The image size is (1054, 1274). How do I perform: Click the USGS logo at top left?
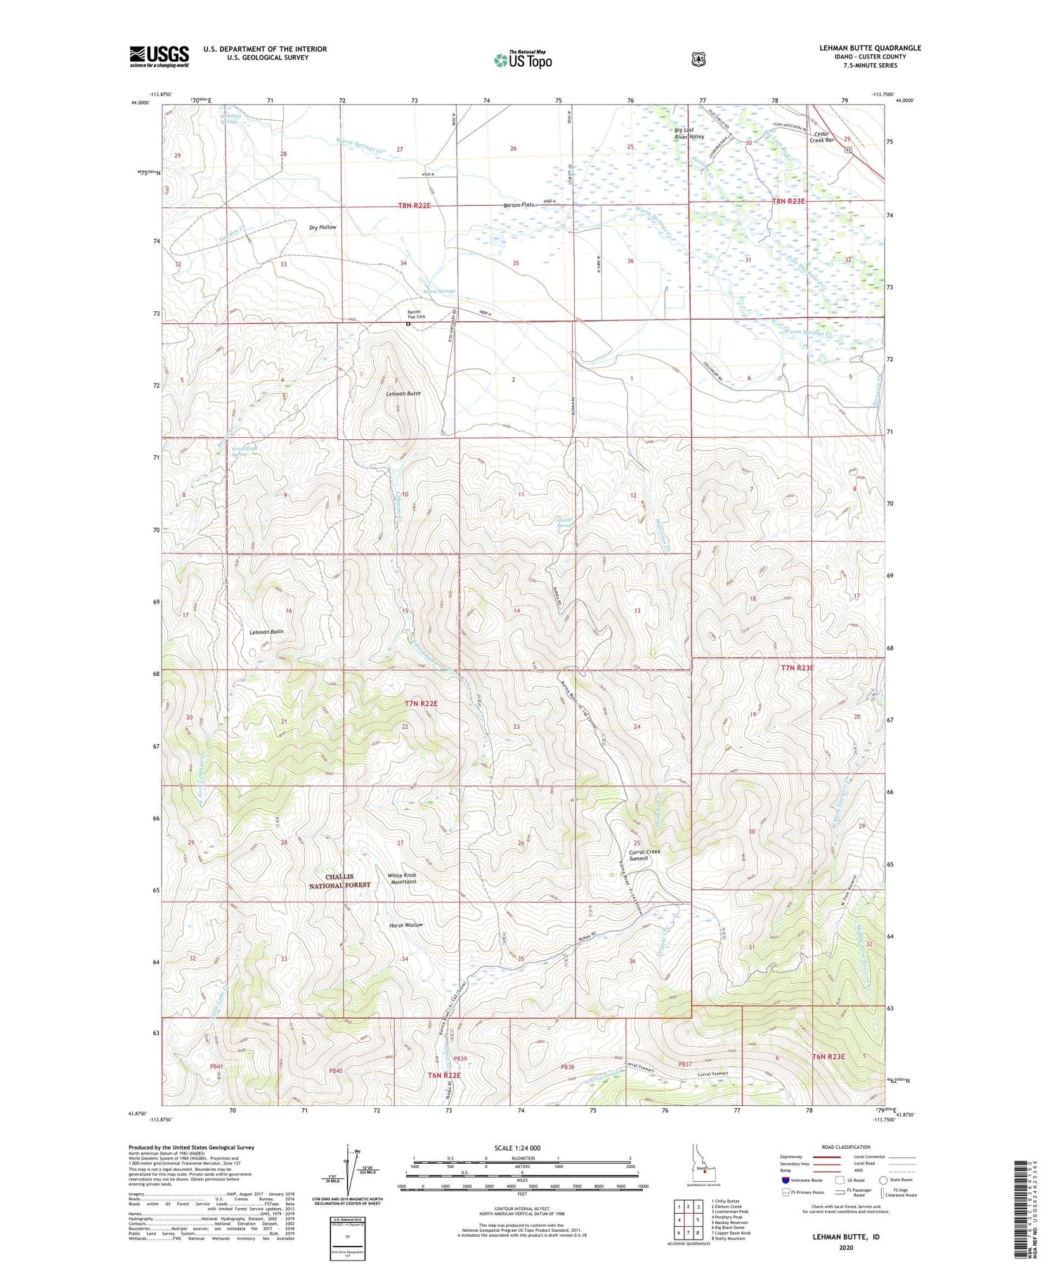click(x=159, y=56)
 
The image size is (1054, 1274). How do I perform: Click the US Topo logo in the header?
click(x=523, y=60)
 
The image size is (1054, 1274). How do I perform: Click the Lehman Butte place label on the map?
click(x=403, y=394)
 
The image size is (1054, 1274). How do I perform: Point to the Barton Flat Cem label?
click(x=417, y=315)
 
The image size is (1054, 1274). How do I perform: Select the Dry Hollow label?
click(x=323, y=227)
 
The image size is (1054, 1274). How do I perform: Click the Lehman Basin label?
click(x=267, y=632)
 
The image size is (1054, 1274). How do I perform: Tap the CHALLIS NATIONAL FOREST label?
click(x=339, y=881)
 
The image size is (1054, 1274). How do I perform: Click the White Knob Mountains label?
click(x=402, y=878)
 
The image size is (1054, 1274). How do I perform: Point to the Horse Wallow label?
click(x=406, y=925)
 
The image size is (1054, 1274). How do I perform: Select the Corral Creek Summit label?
click(x=644, y=854)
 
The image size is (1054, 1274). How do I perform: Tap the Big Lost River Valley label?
click(x=689, y=134)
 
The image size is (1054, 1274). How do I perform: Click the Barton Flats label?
click(x=519, y=205)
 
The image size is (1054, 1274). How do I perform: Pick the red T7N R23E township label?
click(x=797, y=668)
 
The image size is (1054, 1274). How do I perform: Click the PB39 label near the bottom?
click(x=460, y=1058)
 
